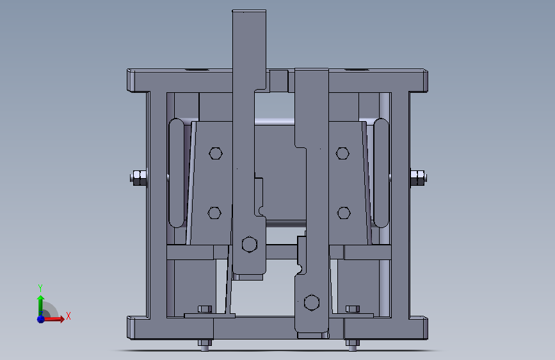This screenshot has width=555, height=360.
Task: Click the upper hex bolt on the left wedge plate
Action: tap(216, 153)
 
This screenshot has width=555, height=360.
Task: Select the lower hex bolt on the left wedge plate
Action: tap(214, 213)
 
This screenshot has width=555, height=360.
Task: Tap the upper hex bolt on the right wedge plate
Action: tap(342, 153)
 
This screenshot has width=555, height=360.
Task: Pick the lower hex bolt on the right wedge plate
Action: tap(344, 213)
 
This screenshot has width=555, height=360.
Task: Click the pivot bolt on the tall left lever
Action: tap(249, 244)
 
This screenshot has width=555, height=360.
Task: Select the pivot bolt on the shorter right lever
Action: tap(312, 302)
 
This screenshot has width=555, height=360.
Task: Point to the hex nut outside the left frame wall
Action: tap(139, 177)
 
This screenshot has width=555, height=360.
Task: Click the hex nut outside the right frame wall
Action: tap(417, 177)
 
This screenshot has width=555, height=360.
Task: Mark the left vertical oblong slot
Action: tap(175, 173)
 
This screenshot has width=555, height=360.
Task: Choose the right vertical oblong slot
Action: tap(382, 173)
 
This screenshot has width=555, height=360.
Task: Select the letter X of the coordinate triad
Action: tap(68, 316)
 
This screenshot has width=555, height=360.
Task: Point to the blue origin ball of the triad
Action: tap(41, 318)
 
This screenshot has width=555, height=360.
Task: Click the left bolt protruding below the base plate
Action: tap(205, 345)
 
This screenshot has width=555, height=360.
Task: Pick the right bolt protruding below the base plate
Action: tap(351, 345)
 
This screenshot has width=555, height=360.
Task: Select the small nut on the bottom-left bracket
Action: tap(205, 309)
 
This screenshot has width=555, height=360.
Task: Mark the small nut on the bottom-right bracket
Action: tap(352, 309)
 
